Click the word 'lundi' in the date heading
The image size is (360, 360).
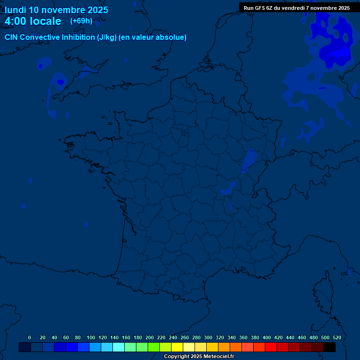(15, 10)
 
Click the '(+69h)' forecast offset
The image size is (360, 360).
(81, 21)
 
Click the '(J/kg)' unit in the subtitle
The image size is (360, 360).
(108, 37)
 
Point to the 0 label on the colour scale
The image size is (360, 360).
(30, 337)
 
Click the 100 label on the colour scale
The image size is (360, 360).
(91, 337)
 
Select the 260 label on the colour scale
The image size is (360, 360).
(185, 337)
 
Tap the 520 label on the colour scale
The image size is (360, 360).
(337, 337)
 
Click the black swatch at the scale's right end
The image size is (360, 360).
(330, 347)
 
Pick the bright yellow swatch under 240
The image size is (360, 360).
(177, 347)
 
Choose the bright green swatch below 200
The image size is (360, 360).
(154, 347)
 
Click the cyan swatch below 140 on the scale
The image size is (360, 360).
(119, 347)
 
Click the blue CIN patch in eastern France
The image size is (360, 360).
(248, 160)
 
